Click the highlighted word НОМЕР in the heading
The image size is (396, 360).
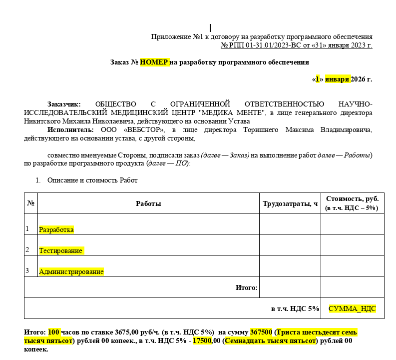tap(154, 62)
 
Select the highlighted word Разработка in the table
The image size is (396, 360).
tap(56, 229)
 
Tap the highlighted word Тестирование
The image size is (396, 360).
tap(61, 250)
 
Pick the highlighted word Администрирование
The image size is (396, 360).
tap(71, 272)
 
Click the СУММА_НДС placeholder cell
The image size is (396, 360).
tap(352, 308)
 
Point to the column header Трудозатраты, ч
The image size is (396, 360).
tap(290, 203)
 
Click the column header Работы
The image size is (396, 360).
tap(148, 203)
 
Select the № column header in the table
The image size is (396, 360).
tap(30, 203)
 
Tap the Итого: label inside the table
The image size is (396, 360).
tap(246, 287)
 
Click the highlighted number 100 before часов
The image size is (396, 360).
tap(54, 332)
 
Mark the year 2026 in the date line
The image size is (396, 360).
tap(358, 79)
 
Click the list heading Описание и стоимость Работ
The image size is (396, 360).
tap(92, 180)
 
